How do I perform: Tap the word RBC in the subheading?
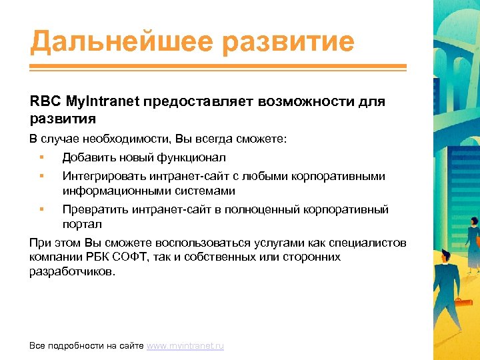[x=45, y=103]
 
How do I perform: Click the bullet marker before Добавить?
[x=41, y=157]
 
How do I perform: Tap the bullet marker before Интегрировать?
[x=41, y=176]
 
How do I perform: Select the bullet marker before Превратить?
[x=41, y=209]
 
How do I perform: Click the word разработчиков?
[x=71, y=272]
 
